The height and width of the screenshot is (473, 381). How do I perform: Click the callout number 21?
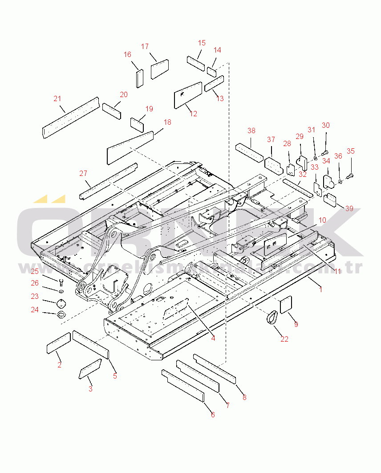(x=57, y=98)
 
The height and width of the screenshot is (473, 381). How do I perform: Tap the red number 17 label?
(x=145, y=46)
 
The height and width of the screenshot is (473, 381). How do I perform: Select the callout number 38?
(x=251, y=130)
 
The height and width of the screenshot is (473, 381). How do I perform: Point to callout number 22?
(x=284, y=339)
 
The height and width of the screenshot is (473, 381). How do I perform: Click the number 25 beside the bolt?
(x=35, y=271)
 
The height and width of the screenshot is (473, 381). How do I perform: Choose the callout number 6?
(x=213, y=415)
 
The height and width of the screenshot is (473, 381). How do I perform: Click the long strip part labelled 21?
(x=70, y=118)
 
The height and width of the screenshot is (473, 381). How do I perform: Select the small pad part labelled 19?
(x=137, y=122)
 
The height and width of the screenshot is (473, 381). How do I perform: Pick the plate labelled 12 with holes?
(x=187, y=95)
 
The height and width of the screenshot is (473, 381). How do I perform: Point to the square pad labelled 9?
(x=286, y=305)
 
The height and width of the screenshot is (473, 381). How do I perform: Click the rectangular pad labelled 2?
(x=58, y=343)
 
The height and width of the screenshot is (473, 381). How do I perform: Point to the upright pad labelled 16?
(x=139, y=78)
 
